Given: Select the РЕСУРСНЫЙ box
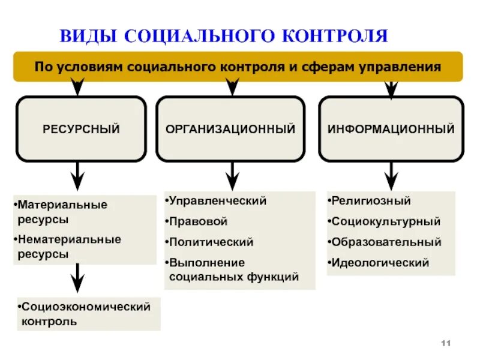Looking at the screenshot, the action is point(81,129).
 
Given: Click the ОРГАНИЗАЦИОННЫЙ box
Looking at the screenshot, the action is point(230,129).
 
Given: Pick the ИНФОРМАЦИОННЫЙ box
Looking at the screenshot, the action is point(391,129).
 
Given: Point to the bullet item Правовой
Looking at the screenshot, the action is point(198,221).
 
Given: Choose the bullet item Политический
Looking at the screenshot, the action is point(211,242).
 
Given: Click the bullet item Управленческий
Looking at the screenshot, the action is point(217,201).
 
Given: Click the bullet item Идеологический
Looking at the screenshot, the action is point(380,263).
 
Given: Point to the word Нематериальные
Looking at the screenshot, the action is point(68,239).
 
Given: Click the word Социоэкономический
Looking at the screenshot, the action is point(85,307).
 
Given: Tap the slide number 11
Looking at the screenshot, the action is point(445,342).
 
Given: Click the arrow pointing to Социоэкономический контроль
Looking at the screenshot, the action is point(77,279).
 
